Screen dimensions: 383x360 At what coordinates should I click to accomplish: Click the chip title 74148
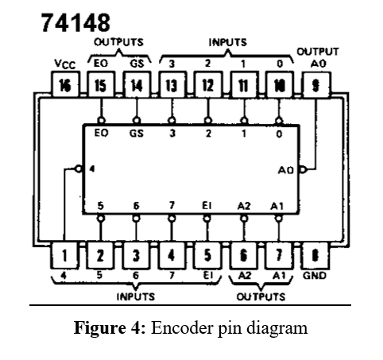75,23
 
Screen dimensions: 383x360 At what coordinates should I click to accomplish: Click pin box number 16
65,85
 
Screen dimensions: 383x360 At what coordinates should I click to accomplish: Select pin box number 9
316,85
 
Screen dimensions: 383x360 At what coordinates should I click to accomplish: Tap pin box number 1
64,256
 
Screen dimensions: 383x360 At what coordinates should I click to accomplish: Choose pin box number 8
315,256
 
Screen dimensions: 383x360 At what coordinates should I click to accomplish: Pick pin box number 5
207,256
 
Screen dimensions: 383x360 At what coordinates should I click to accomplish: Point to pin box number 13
172,85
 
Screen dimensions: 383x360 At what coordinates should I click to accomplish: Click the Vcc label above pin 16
65,64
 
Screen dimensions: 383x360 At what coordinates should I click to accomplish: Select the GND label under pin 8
315,276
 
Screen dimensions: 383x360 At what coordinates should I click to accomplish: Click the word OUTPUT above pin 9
318,52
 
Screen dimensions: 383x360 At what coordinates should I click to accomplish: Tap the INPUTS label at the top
228,42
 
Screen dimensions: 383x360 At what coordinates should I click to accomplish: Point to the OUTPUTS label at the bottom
261,296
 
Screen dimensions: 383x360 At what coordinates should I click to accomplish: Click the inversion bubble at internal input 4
79,168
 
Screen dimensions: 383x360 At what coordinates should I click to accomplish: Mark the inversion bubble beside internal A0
303,169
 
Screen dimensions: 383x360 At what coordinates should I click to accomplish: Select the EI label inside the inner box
207,206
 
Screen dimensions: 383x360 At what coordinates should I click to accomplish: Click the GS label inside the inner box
137,133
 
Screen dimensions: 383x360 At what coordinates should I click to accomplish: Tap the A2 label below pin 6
245,276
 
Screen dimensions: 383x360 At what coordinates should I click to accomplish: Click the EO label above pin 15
101,64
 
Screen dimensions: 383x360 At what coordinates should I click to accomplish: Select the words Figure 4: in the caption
110,328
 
